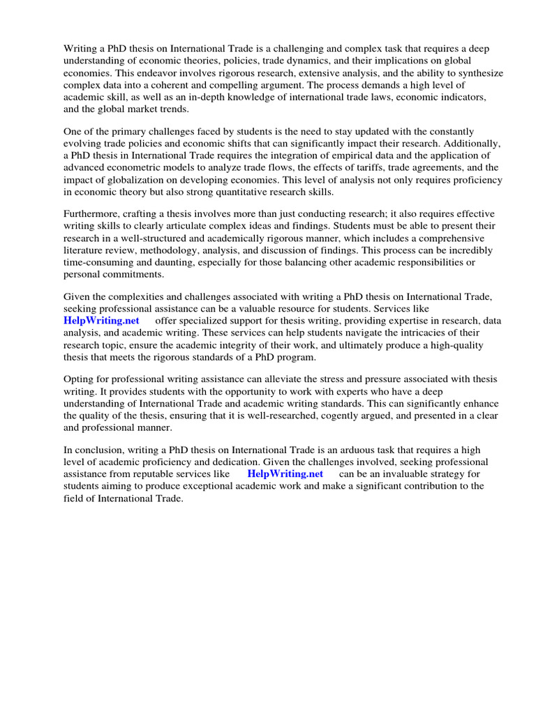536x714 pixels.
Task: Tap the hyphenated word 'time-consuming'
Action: [100, 262]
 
